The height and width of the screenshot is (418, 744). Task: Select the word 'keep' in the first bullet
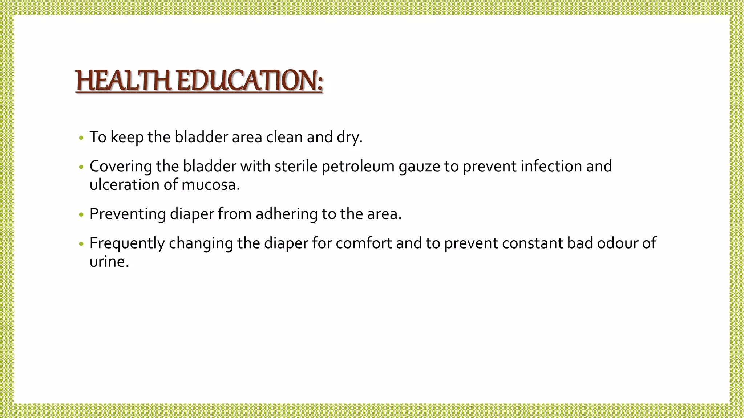pos(127,137)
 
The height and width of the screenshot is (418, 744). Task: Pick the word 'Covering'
pos(121,167)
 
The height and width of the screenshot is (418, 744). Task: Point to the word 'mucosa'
pos(210,185)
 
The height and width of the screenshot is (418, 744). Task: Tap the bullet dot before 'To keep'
pos(81,138)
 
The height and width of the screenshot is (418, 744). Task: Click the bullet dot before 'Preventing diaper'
pos(81,214)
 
